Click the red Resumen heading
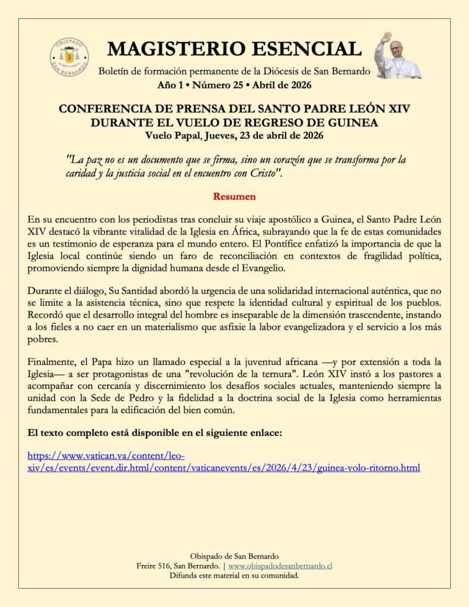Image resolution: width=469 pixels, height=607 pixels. [234, 196]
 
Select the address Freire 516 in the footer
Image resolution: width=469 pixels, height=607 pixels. [157, 566]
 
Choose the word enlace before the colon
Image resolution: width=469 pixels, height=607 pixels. [264, 433]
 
